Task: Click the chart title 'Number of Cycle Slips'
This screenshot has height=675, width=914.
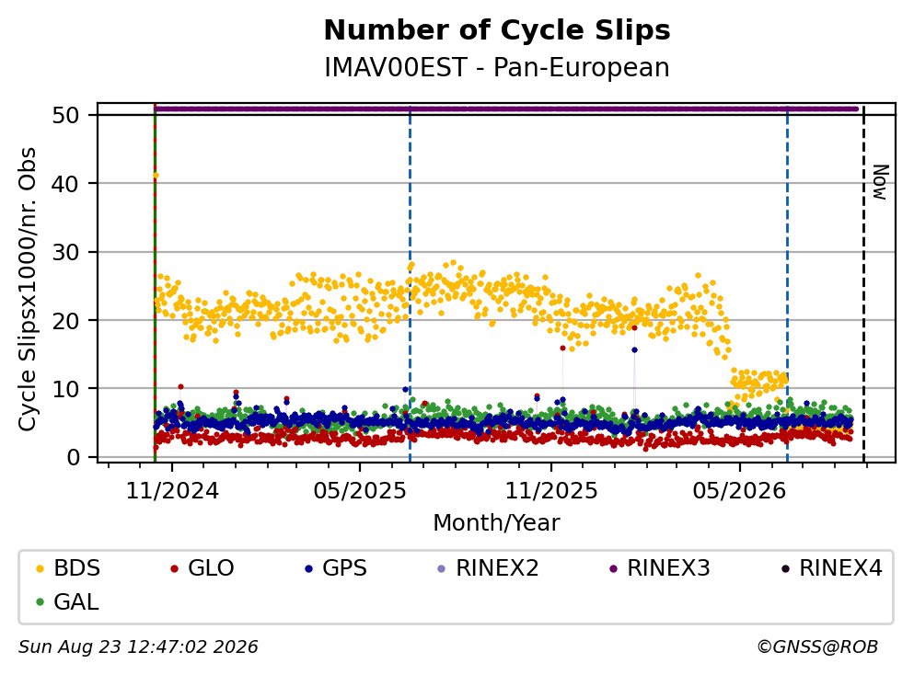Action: pos(497,30)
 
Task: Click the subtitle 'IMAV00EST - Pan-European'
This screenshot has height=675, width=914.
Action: pos(497,67)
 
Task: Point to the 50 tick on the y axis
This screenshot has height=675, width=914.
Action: pos(65,115)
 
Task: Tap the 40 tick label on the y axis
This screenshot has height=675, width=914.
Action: pos(65,184)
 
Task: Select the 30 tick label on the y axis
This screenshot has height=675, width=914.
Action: pos(65,252)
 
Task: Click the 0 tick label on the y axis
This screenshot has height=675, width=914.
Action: pos(73,457)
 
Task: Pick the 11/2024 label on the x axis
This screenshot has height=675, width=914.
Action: pos(172,491)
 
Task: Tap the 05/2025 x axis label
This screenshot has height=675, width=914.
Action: pos(360,491)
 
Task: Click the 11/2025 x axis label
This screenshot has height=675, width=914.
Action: pos(551,491)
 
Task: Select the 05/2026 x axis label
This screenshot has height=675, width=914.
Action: pos(739,491)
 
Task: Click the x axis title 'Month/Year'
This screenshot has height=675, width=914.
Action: pos(497,523)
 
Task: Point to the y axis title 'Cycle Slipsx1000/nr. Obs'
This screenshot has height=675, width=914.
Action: pos(27,290)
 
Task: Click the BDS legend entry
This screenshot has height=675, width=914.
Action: pos(68,567)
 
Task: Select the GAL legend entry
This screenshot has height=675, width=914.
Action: pos(67,602)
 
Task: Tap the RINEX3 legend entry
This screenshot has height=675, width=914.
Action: pos(660,567)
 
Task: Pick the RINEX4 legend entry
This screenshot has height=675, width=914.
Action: pos(832,567)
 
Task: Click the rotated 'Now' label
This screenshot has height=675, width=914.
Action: pos(880,182)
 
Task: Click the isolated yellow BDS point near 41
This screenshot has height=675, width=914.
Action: pos(156,176)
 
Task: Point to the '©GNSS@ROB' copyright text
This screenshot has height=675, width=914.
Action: pos(817,646)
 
